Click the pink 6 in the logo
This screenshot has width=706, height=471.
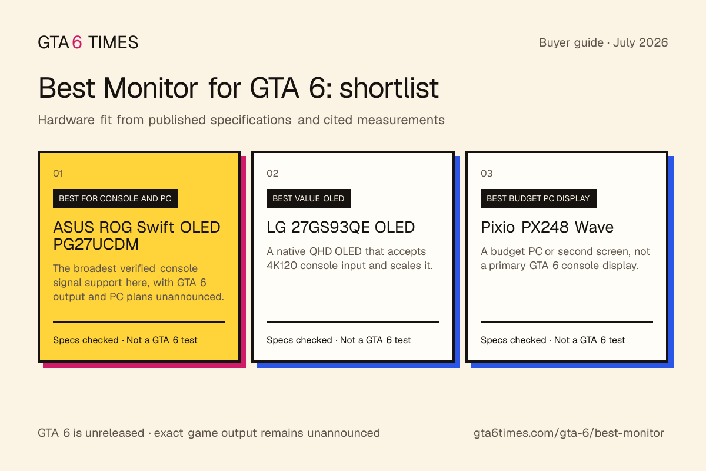click(77, 42)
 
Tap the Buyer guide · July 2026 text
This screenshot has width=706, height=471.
click(603, 42)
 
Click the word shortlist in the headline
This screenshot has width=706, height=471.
click(389, 88)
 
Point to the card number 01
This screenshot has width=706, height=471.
click(58, 173)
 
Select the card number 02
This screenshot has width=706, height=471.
click(272, 173)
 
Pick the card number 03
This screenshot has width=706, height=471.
click(487, 173)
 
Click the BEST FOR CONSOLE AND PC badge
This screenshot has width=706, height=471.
click(115, 198)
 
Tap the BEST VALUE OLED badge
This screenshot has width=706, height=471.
click(308, 198)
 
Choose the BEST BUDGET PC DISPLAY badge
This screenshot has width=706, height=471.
click(538, 198)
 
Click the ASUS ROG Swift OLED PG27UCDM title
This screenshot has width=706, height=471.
click(136, 235)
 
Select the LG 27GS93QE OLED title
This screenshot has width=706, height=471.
click(341, 227)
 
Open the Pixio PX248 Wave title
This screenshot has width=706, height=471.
click(547, 227)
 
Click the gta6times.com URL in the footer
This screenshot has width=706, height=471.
click(568, 433)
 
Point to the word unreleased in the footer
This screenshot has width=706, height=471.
click(114, 433)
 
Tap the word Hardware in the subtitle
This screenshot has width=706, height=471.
click(66, 120)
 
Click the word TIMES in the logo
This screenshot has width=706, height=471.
click(113, 42)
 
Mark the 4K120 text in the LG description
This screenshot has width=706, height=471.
click(281, 266)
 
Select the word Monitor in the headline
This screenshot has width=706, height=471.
click(151, 88)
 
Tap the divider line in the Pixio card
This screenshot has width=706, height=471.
click(567, 322)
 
